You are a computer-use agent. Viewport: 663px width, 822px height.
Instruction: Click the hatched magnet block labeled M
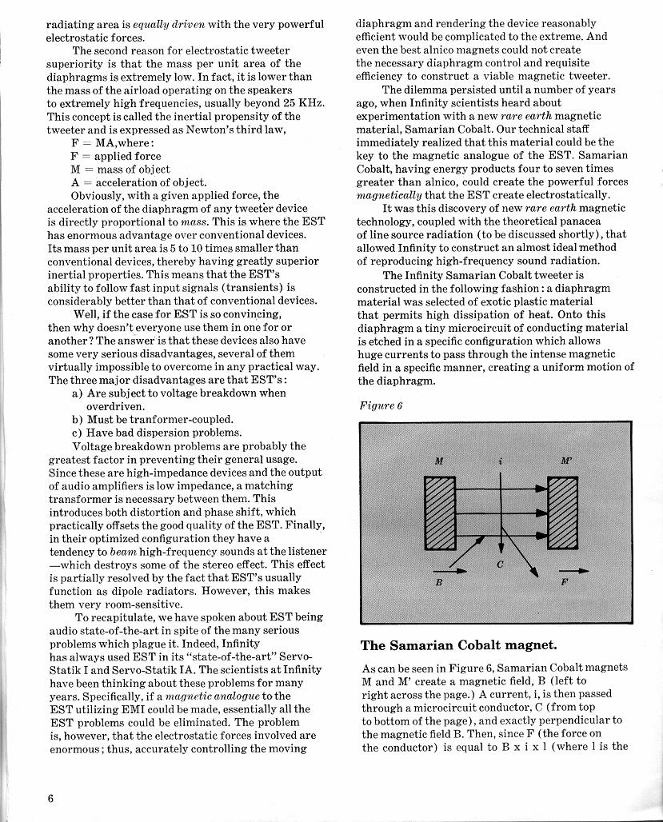tap(439, 513)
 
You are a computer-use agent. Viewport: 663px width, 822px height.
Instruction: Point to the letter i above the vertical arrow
tap(501, 461)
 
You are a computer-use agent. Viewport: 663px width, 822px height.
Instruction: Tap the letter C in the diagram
tap(499, 565)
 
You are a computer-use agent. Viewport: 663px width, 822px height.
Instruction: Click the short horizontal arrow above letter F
tap(577, 571)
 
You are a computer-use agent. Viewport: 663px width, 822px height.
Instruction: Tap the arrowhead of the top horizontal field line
tap(542, 485)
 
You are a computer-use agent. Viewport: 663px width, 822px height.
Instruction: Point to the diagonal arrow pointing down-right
tap(524, 558)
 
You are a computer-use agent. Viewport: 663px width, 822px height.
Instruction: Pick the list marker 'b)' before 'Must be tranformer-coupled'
tap(78, 419)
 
